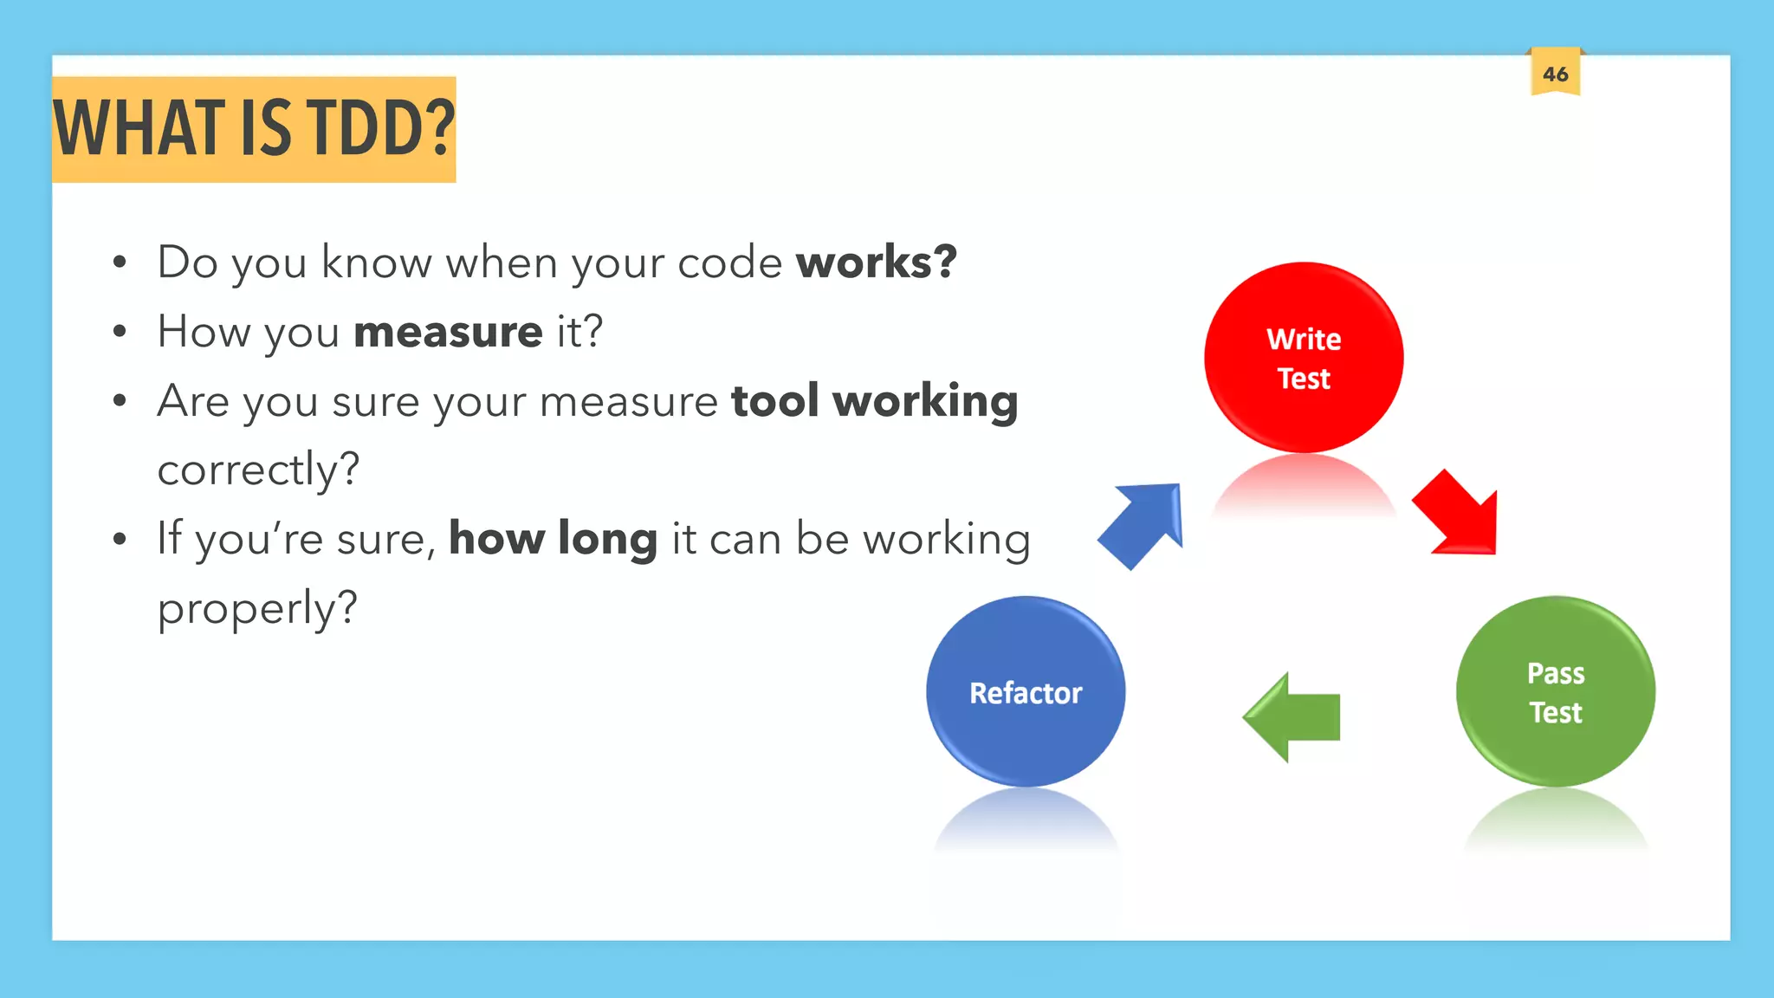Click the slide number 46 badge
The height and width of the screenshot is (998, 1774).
coord(1555,74)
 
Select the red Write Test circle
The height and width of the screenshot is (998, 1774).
coord(1304,358)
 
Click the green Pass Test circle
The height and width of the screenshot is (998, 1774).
coord(1556,691)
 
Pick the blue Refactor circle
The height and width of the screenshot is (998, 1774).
coord(1026,691)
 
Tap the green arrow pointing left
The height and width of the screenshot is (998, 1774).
coord(1293,717)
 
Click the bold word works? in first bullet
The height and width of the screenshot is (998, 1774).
coord(876,262)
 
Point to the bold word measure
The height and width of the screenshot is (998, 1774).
coord(448,332)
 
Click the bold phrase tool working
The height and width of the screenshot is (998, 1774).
coord(874,401)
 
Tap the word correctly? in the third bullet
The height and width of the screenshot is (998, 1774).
coord(258,470)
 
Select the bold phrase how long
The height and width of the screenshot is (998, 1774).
coord(553,539)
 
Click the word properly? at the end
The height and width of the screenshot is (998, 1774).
coord(257,608)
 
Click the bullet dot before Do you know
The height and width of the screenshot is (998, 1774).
coord(120,262)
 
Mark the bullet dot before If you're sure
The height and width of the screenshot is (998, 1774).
coord(120,539)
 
